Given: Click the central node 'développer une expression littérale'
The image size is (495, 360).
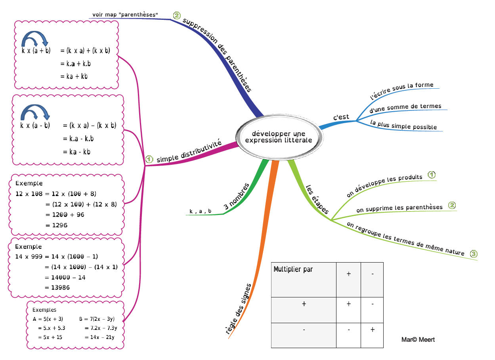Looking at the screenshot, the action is point(279,137).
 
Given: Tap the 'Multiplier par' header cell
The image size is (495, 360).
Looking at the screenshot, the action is point(304,280).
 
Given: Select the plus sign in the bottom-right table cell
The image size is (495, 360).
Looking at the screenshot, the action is point(373,330).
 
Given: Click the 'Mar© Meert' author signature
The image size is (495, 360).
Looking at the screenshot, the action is point(418,339).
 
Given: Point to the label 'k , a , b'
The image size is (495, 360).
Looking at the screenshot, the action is point(200,211).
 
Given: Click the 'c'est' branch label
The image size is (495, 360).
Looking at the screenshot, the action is point(341,117).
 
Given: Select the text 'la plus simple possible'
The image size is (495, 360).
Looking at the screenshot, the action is point(403,125).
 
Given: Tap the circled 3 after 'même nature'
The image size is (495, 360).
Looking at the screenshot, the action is point(473,254).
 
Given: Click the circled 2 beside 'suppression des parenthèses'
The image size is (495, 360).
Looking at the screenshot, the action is point(177,15).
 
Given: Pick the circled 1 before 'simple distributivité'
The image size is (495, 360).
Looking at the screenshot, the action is point(149,159).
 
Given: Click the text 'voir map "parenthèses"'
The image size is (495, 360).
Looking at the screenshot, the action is point(125,15).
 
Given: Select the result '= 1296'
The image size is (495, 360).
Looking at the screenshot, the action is point(56,225).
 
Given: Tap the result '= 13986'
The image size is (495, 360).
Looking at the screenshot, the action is point(57,288).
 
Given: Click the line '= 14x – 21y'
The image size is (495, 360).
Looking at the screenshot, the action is point(99,337).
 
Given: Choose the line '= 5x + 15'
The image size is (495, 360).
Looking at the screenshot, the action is point(50,337).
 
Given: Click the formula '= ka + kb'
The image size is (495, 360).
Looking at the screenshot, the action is point(74,76).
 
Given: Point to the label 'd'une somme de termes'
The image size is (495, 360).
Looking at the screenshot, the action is point(405,108).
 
